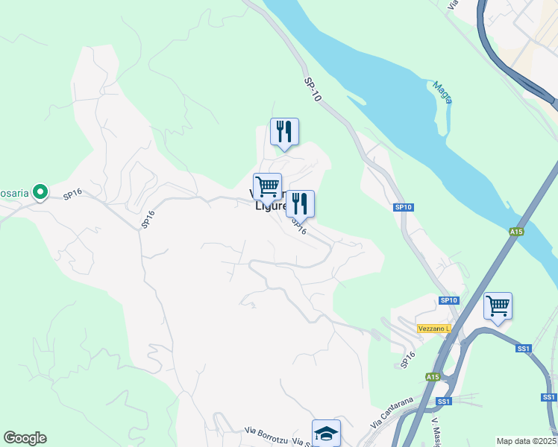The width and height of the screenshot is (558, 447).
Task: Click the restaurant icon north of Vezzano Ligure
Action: [284, 133]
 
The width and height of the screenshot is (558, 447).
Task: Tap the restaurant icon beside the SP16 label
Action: [300, 203]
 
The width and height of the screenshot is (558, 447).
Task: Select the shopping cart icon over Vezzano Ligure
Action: [267, 186]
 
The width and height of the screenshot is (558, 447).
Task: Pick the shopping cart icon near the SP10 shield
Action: [498, 305]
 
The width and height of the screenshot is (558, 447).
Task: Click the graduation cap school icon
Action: [326, 433]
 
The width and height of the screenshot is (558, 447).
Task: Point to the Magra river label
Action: [443, 92]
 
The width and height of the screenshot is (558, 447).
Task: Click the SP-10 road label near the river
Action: [313, 90]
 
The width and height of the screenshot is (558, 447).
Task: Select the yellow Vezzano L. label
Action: [434, 329]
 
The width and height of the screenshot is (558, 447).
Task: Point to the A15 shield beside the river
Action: [516, 232]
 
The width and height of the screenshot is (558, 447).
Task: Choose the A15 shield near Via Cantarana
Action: [433, 377]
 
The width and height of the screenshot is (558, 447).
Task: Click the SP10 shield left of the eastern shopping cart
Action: [448, 300]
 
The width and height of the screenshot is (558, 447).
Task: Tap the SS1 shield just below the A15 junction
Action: [445, 402]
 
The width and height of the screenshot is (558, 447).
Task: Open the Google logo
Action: [25, 438]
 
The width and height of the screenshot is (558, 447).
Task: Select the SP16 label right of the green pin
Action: [72, 194]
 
